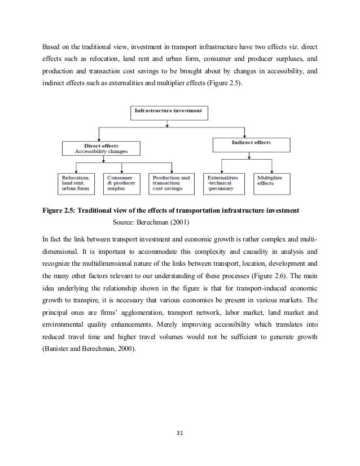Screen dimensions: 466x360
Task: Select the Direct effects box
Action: [101, 148]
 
